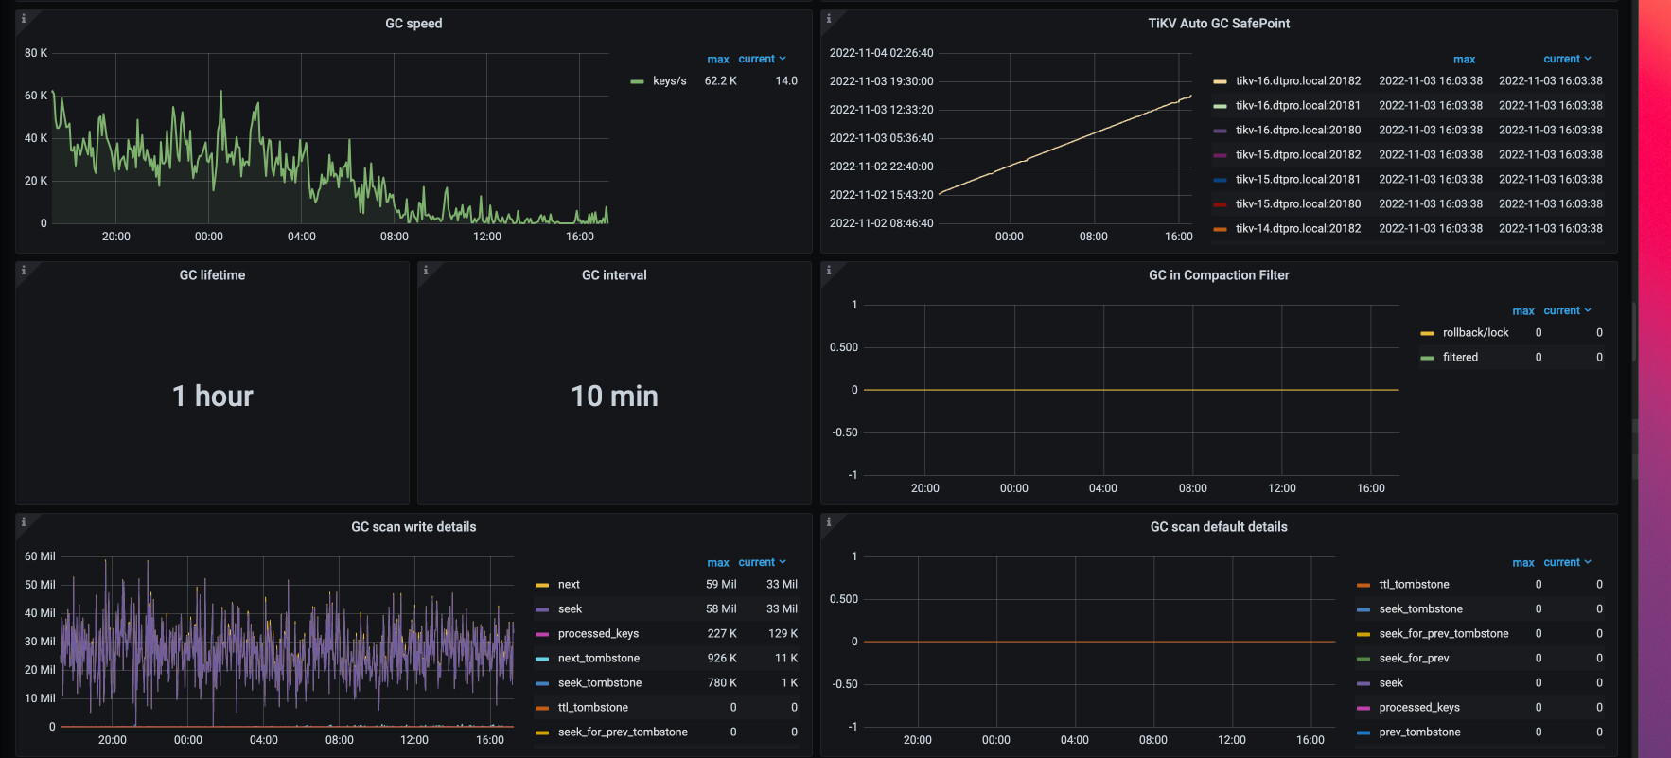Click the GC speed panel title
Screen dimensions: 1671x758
point(413,24)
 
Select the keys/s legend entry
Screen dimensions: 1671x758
point(670,81)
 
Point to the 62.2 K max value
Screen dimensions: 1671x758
point(721,81)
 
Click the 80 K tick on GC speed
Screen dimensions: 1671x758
point(36,53)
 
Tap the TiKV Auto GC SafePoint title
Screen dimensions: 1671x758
point(1219,24)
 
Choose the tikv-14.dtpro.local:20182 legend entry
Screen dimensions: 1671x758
point(1298,229)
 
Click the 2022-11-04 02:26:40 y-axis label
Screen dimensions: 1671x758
point(882,53)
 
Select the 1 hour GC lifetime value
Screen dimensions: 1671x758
point(213,396)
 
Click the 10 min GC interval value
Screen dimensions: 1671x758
point(614,396)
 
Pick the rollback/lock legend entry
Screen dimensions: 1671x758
point(1476,333)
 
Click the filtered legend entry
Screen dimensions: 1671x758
point(1460,358)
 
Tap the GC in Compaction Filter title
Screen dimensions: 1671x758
point(1219,275)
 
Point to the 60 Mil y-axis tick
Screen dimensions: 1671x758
point(40,556)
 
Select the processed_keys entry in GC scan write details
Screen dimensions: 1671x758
point(598,634)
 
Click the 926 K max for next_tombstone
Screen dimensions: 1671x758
point(721,659)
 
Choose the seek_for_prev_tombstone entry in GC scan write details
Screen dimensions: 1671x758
point(623,732)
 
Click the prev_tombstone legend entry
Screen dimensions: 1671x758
point(1419,732)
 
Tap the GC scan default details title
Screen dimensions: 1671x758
point(1219,527)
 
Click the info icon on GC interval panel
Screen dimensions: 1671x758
point(426,271)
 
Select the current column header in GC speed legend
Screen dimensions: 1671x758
point(757,59)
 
